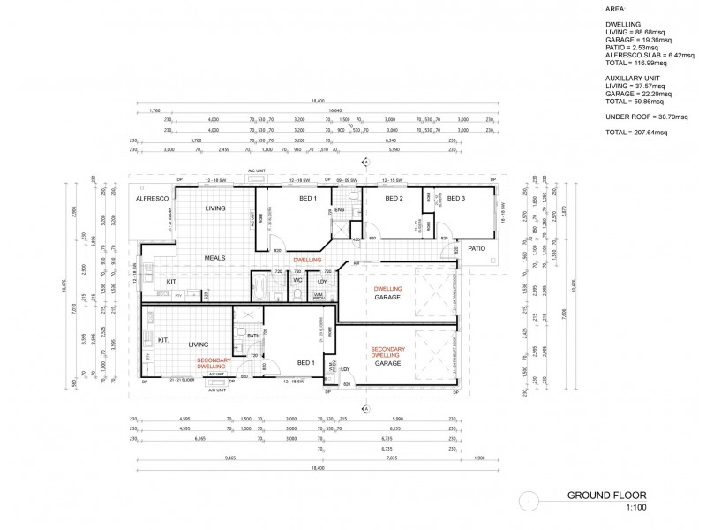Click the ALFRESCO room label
click(x=152, y=199)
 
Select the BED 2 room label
click(x=394, y=199)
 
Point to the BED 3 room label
click(x=456, y=199)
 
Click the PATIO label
click(x=478, y=248)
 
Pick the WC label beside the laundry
click(x=298, y=281)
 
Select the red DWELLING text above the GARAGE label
click(x=388, y=289)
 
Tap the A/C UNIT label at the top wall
click(x=257, y=170)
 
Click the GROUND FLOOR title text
click(x=607, y=496)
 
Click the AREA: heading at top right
click(x=617, y=11)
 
